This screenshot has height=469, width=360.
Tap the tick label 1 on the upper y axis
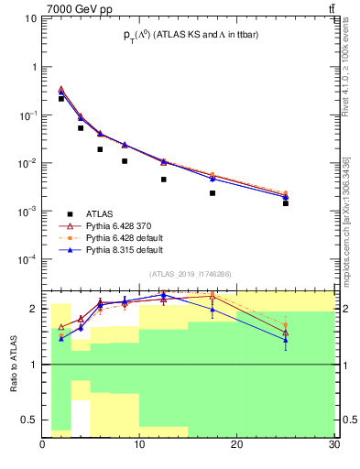(36, 68)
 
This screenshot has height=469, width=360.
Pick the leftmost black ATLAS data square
(61, 98)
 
